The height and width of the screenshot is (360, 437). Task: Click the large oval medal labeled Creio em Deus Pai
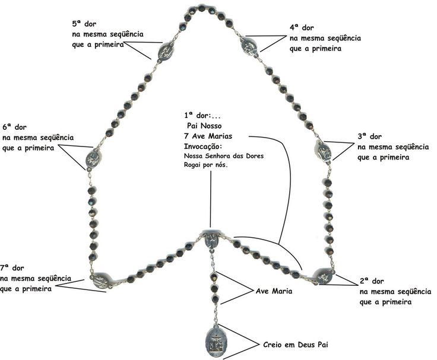(x=217, y=341)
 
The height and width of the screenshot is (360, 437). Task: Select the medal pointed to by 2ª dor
(x=324, y=276)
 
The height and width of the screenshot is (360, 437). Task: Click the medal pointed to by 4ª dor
(x=249, y=44)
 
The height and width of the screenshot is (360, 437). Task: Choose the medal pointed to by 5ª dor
(x=166, y=52)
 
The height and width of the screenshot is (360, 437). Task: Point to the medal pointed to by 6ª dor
(x=93, y=160)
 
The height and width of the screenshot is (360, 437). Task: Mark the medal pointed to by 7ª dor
(x=100, y=281)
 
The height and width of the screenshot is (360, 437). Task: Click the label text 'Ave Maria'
(x=274, y=291)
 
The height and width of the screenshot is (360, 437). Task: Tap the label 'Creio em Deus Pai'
(x=296, y=345)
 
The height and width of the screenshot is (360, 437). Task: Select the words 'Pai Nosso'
(x=204, y=126)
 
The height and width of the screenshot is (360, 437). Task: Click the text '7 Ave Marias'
(x=208, y=136)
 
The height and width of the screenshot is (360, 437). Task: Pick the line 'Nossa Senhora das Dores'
(x=224, y=155)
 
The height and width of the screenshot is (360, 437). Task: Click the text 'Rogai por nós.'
(x=206, y=165)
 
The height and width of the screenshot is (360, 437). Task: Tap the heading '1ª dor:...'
(x=202, y=115)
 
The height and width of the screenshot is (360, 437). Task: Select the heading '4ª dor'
(x=302, y=27)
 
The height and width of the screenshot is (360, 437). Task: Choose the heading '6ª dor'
(x=14, y=127)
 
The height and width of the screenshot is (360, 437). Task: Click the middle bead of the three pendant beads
(x=214, y=288)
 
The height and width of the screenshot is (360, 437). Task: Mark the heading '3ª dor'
(x=369, y=136)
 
